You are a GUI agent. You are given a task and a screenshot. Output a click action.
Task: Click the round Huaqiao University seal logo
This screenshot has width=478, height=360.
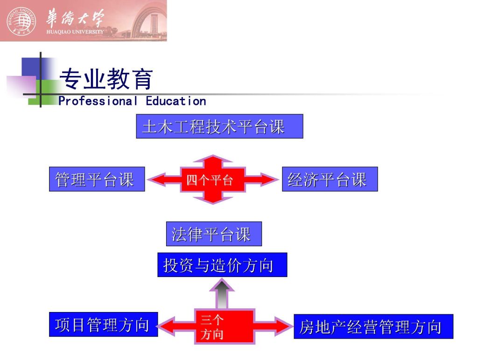coord(21,21)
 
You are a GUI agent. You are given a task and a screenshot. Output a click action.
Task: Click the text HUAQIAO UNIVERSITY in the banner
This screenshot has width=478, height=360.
coord(75,31)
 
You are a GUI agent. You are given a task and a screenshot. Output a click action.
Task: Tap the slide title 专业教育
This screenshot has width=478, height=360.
coord(106,79)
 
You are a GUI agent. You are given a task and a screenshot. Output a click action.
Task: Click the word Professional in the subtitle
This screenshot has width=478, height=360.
coord(98,101)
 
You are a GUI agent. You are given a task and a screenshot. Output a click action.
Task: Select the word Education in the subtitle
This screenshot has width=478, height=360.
coord(176,101)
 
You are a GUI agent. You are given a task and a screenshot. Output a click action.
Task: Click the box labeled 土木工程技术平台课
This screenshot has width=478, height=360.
coord(219,126)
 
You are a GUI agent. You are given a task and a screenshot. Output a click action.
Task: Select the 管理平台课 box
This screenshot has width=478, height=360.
coord(97,179)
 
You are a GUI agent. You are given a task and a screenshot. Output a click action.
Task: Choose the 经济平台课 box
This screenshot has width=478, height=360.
coord(330,179)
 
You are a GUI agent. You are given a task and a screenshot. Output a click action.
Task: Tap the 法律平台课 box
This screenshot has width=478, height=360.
coord(214,234)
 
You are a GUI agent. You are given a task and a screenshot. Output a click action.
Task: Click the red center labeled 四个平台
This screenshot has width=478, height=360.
coord(213,180)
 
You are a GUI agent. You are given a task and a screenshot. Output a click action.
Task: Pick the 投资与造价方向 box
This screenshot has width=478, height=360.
coord(222,265)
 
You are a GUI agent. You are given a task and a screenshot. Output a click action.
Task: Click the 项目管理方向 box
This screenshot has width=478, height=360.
coord(103,325)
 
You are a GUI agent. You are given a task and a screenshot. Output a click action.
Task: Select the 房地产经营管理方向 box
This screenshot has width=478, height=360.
coord(373,326)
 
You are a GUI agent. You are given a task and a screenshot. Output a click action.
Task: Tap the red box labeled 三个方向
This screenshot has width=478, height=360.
coord(225,327)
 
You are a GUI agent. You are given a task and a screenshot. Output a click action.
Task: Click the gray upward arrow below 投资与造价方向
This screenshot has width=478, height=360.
coord(222,294)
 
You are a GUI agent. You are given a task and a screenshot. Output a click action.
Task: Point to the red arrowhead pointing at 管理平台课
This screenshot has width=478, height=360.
coord(158,180)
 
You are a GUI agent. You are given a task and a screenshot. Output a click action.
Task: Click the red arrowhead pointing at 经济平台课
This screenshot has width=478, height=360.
coord(268,180)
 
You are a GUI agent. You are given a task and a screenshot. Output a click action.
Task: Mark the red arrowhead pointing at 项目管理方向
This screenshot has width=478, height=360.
coord(167,326)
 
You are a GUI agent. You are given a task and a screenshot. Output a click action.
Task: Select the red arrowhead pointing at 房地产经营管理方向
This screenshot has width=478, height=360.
coord(282,326)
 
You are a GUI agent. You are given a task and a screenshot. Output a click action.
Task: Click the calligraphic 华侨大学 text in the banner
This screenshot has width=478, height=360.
coord(75,18)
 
